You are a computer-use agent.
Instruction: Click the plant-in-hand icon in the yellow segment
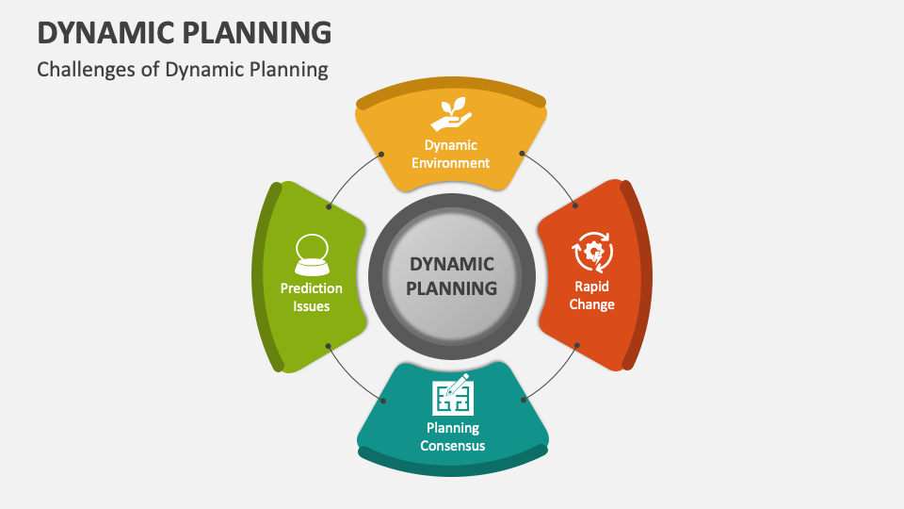451,114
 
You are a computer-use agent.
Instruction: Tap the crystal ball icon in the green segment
312,254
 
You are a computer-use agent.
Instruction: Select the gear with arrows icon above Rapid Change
592,252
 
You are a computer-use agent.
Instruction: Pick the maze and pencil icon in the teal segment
453,395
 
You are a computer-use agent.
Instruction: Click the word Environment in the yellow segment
450,163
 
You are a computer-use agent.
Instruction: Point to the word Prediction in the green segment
312,288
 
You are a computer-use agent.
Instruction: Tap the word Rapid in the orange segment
591,287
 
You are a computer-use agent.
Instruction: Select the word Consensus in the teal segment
453,446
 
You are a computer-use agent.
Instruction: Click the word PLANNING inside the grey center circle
451,288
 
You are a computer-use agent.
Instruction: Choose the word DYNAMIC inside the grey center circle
451,264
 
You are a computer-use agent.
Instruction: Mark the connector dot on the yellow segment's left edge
381,155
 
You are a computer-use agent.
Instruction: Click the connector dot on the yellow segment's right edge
522,154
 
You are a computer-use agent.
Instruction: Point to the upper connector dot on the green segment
329,206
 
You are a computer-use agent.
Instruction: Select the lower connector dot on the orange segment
576,345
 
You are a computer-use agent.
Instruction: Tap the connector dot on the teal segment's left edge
383,401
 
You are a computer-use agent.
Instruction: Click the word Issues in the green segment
312,305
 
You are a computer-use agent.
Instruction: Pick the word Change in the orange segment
591,304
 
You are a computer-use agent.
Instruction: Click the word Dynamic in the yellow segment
451,145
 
